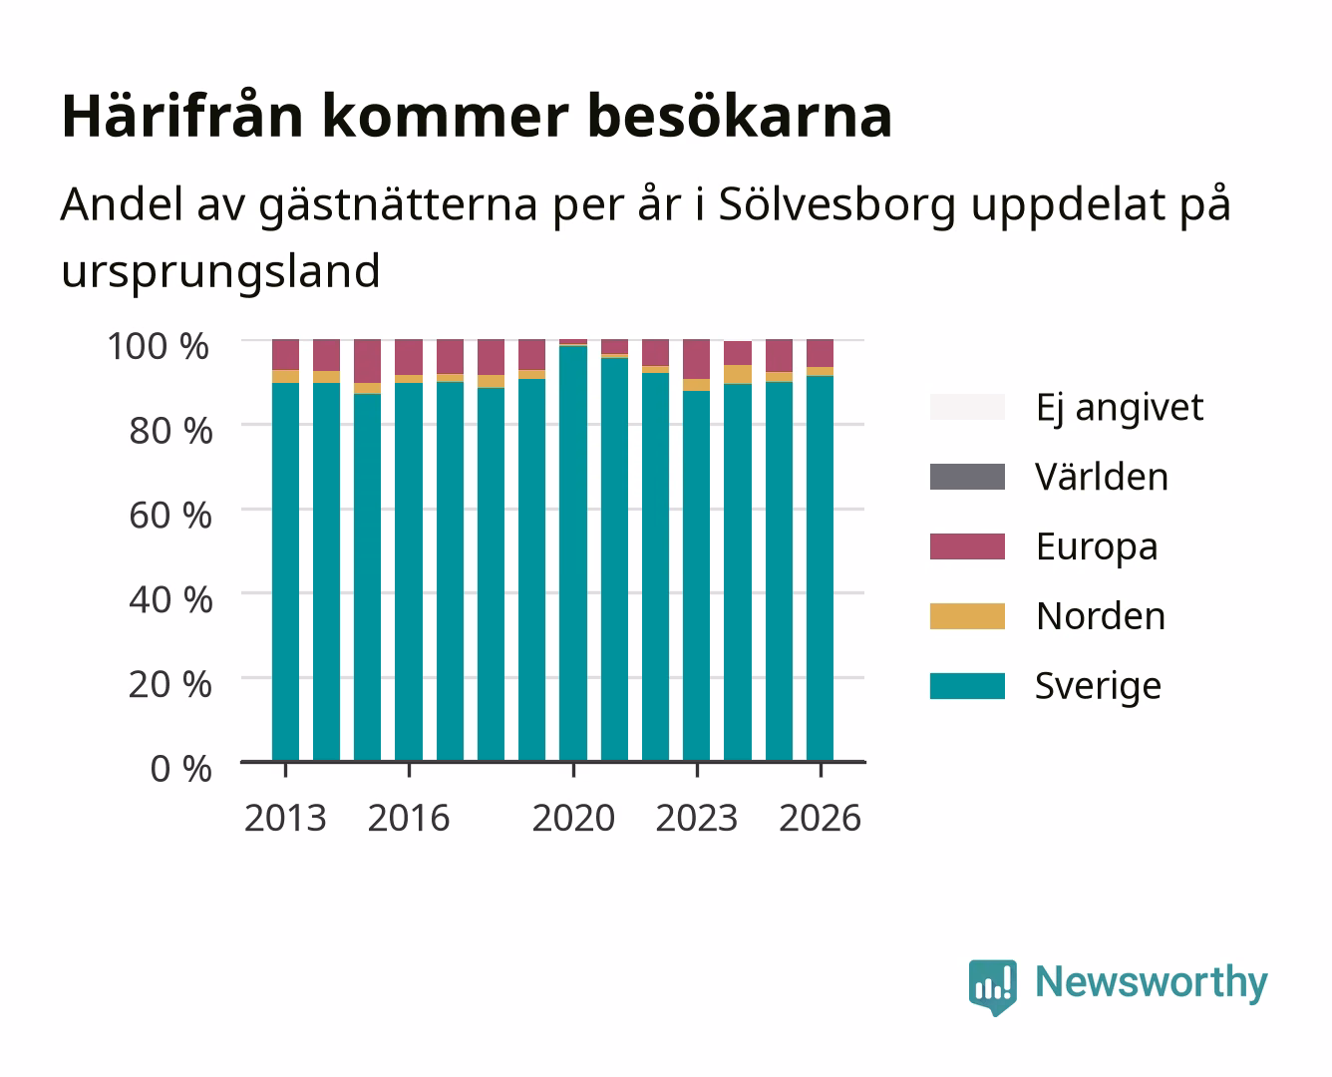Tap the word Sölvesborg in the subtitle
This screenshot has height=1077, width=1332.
pyautogui.click(x=837, y=203)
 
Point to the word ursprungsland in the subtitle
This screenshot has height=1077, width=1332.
pyautogui.click(x=220, y=271)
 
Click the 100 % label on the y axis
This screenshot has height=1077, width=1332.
pyautogui.click(x=158, y=346)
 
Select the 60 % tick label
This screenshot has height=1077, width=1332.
pyautogui.click(x=170, y=516)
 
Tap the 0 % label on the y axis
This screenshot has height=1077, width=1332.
pyautogui.click(x=180, y=769)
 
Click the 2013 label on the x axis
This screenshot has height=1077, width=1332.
pyautogui.click(x=285, y=818)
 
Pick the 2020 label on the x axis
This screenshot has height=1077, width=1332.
pyautogui.click(x=573, y=818)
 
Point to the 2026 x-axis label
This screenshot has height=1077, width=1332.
pyautogui.click(x=821, y=818)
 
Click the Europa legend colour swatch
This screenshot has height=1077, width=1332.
pyautogui.click(x=967, y=546)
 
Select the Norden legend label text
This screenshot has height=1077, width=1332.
pyautogui.click(x=1101, y=616)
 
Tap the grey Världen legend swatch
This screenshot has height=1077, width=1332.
pyautogui.click(x=967, y=477)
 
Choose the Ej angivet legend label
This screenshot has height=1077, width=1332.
pyautogui.click(x=1120, y=408)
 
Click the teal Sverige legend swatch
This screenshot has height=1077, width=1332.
pyautogui.click(x=967, y=685)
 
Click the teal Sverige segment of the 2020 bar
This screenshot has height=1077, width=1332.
pyautogui.click(x=573, y=553)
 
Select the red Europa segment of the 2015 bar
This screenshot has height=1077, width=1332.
pyautogui.click(x=367, y=361)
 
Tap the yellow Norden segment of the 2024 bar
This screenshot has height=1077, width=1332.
pyautogui.click(x=738, y=374)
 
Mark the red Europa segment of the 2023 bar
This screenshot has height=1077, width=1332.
pyautogui.click(x=696, y=359)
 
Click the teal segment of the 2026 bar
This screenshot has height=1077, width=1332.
pyautogui.click(x=820, y=568)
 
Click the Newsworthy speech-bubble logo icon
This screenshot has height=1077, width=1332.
pyautogui.click(x=992, y=986)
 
